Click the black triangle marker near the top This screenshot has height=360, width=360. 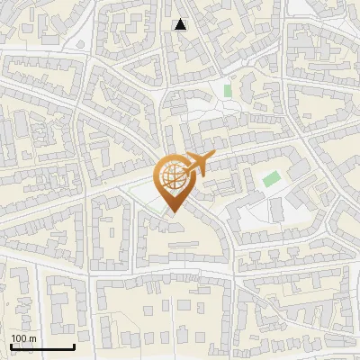tap(181, 24)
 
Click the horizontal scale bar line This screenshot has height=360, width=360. tap(41, 346)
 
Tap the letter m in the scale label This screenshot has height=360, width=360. tap(32, 338)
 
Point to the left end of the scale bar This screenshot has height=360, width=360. tap(10, 346)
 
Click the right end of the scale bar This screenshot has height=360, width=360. tap(74, 346)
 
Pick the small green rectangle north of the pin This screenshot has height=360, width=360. tap(228, 91)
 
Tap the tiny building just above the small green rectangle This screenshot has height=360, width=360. tap(226, 79)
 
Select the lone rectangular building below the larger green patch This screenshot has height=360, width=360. tap(275, 210)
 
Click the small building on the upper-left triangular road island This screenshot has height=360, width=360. tap(41, 130)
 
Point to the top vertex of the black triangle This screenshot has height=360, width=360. tap(181, 19)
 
